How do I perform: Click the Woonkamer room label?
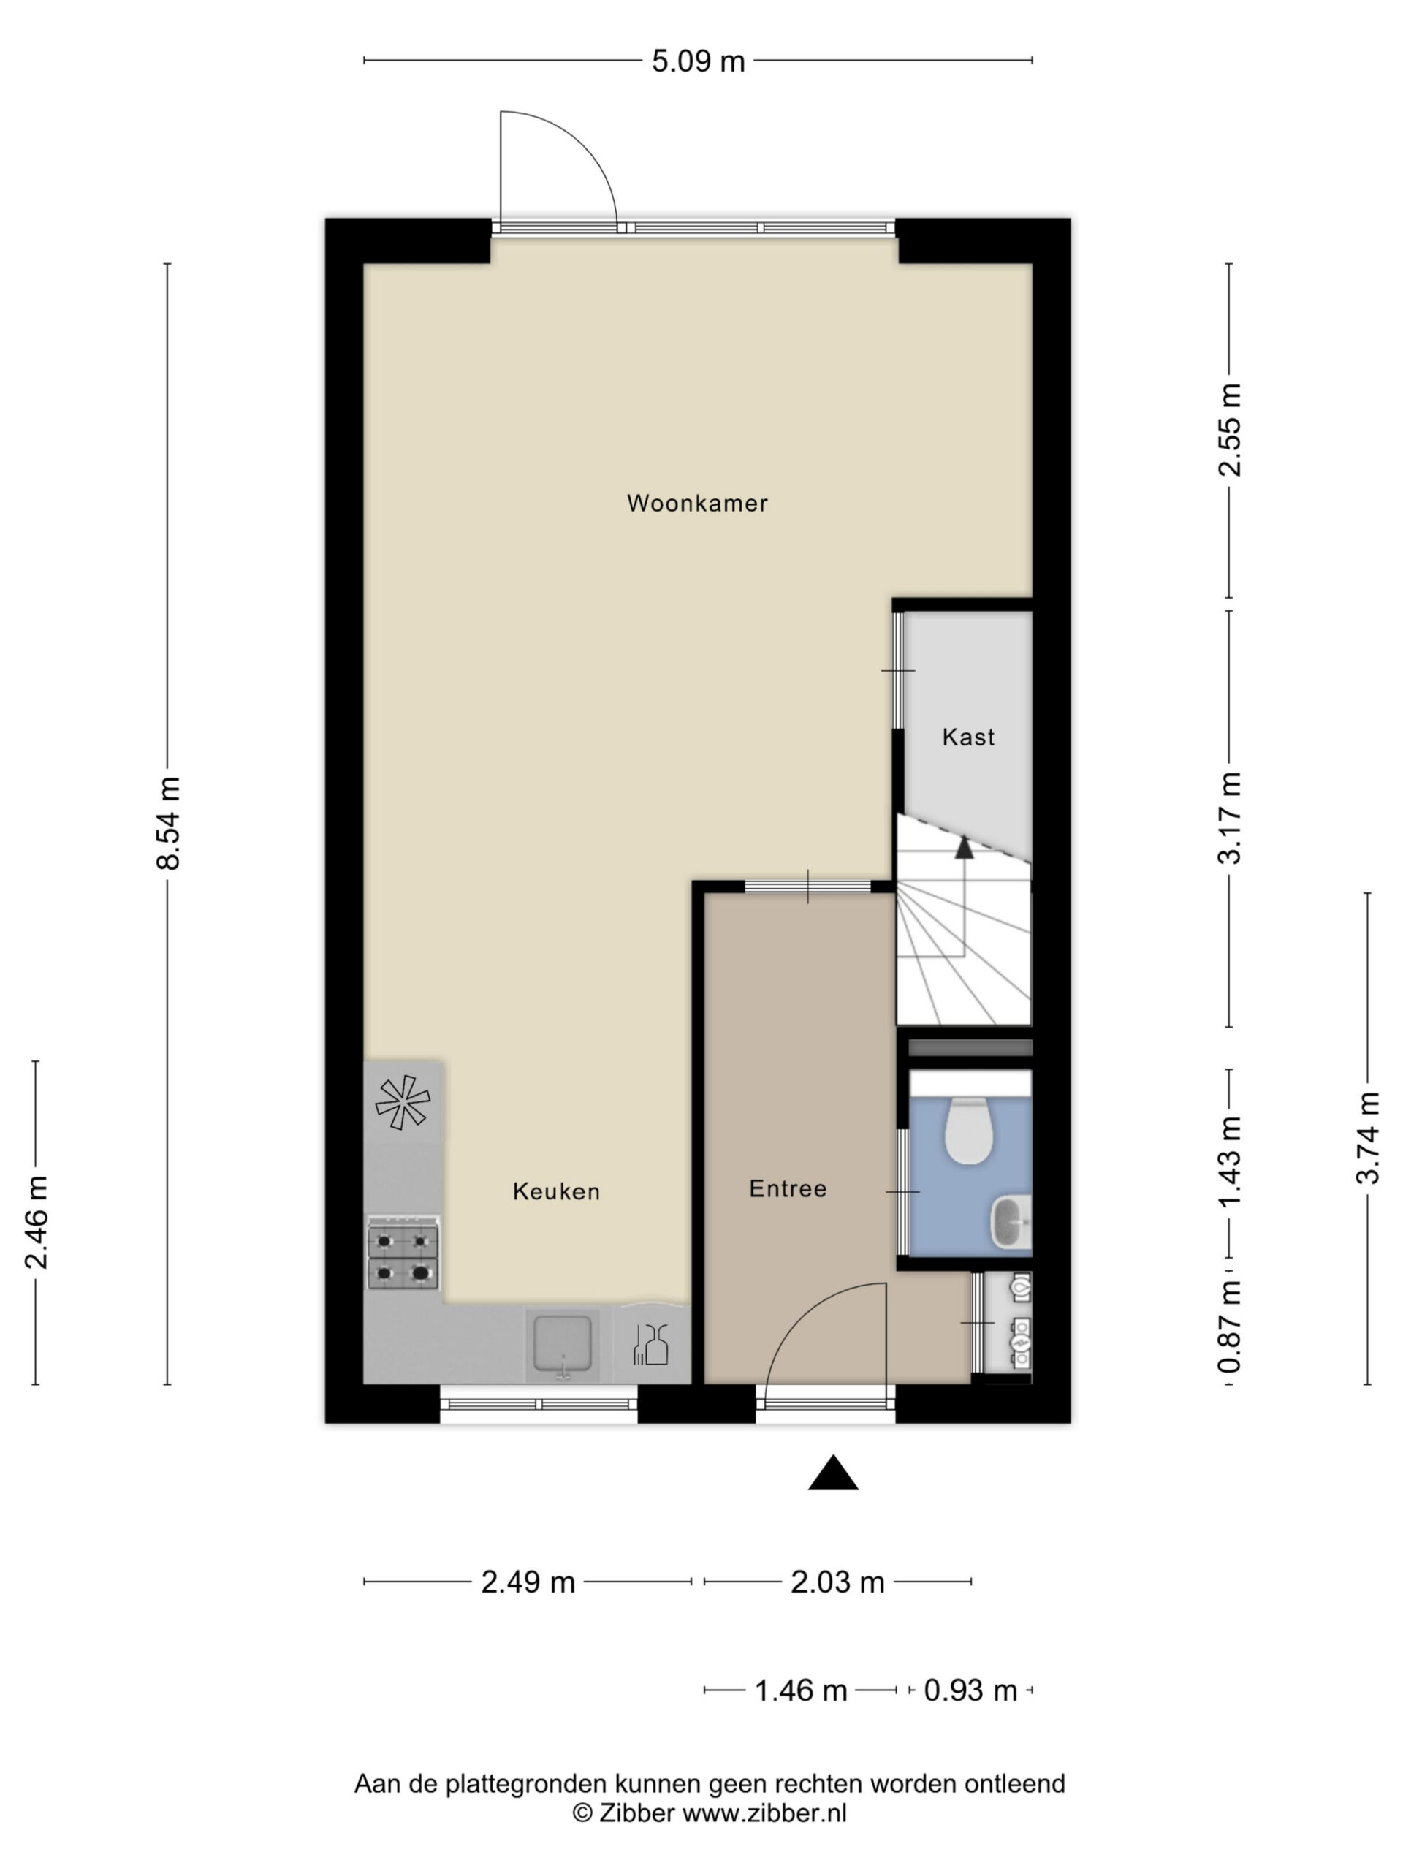pos(697,504)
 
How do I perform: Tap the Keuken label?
pos(557,1192)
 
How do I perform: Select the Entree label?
pos(787,1189)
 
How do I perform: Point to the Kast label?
pos(968,737)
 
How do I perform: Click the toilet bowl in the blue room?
pos(967,1131)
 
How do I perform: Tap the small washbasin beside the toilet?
pos(1011,1222)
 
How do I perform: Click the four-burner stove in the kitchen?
pos(403,1253)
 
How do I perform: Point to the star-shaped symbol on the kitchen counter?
pos(403,1103)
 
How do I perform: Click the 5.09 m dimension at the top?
pos(698,61)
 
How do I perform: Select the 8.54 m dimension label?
pos(167,823)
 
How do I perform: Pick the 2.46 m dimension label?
pos(37,1222)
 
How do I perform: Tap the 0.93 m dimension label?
pos(970,1690)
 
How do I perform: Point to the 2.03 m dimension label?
pos(837,1582)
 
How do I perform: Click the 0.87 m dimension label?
pos(1230,1327)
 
